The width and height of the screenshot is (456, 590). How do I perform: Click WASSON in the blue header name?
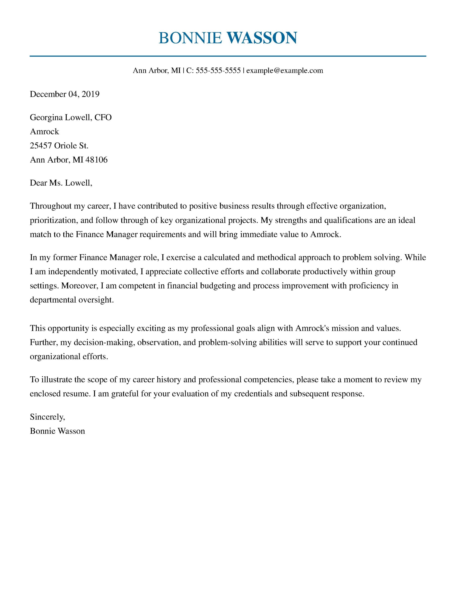tap(262, 38)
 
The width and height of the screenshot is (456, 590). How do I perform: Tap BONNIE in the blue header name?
tap(190, 38)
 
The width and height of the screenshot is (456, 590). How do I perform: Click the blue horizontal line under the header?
tap(228, 56)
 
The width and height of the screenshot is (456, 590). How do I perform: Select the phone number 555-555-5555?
tap(218, 71)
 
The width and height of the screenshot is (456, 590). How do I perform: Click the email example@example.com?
tap(285, 71)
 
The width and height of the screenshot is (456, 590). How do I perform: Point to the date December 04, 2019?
tap(65, 94)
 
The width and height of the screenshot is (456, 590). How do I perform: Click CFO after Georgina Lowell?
tap(103, 117)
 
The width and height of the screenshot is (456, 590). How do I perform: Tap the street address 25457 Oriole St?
tap(59, 146)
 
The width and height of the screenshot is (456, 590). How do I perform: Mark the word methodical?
tap(276, 257)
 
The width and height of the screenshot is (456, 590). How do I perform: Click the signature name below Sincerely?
tap(57, 431)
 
